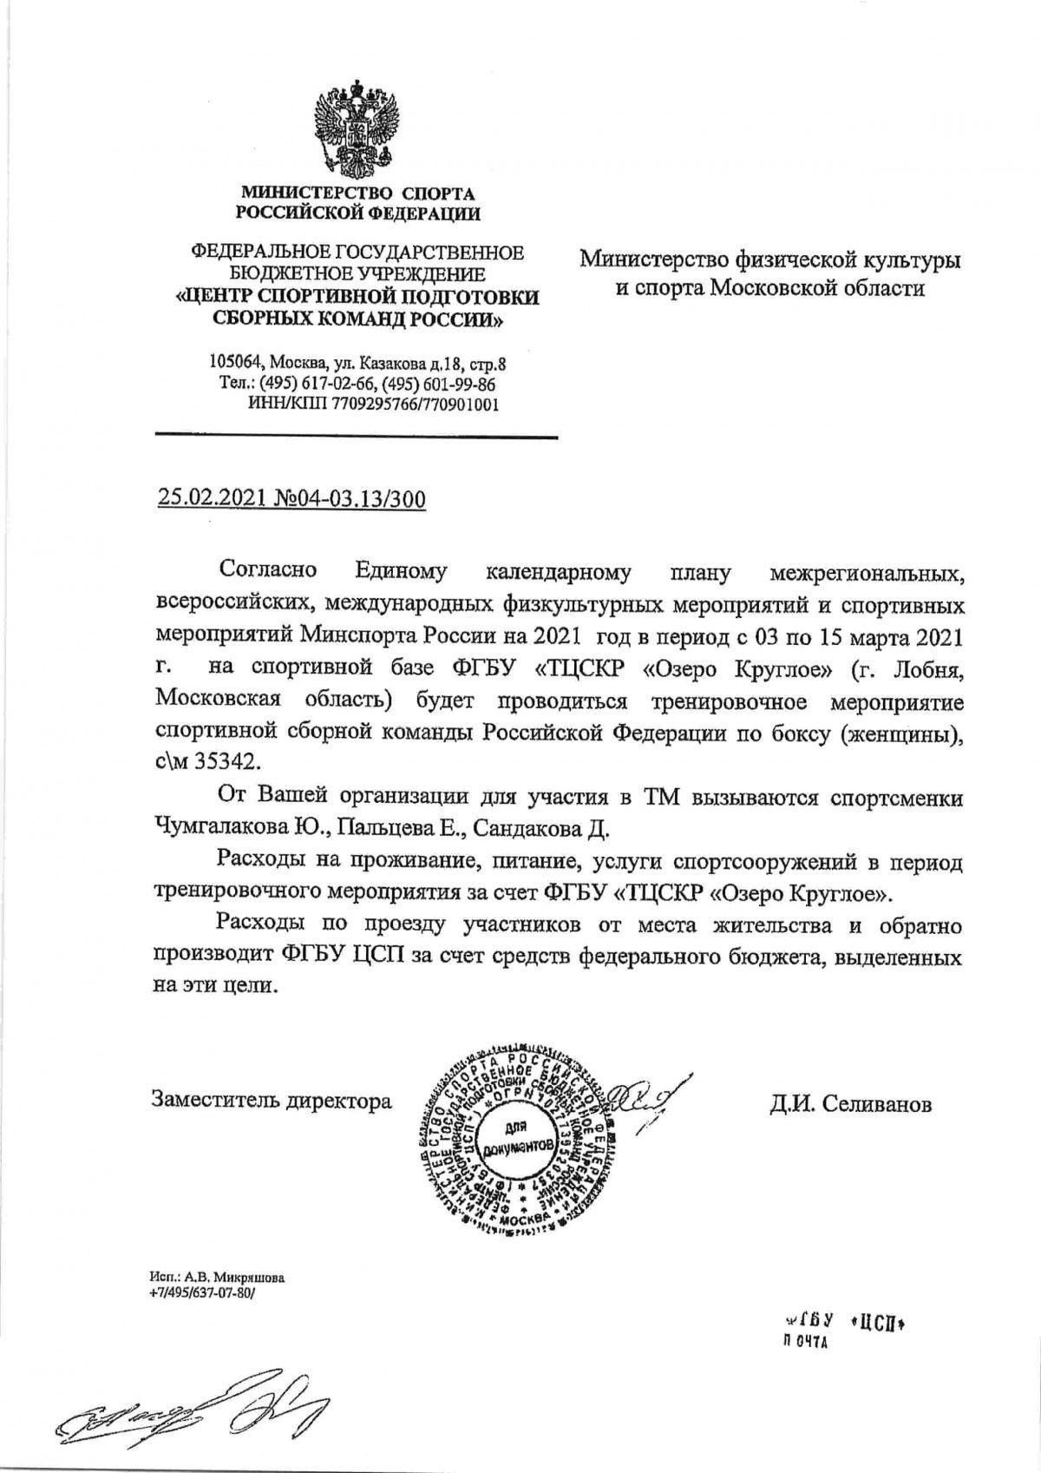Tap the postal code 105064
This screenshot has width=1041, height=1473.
[238, 362]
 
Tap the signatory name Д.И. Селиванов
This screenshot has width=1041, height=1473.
[849, 1104]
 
